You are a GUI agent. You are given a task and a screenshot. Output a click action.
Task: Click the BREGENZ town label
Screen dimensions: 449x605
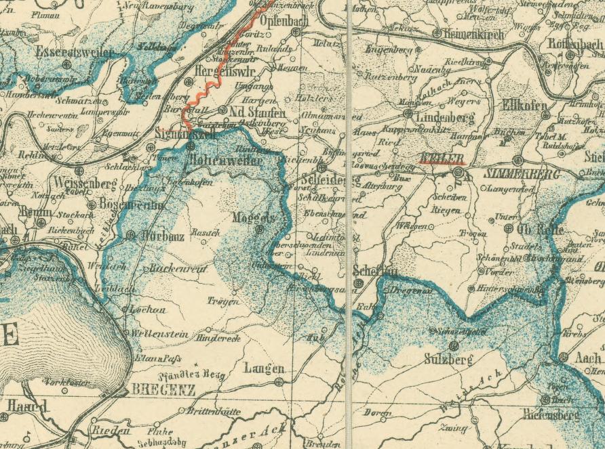[x=163, y=390]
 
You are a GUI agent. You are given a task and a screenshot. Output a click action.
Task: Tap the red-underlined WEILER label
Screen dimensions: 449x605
[x=442, y=158]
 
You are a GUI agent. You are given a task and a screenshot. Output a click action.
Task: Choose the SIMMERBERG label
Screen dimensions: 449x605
[x=522, y=174]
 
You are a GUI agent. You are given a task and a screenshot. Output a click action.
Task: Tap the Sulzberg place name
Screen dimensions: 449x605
[x=448, y=360]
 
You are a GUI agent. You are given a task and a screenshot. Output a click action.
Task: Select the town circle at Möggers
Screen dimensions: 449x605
[x=259, y=230]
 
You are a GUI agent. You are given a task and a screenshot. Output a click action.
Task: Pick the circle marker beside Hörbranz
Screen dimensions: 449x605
[x=131, y=236]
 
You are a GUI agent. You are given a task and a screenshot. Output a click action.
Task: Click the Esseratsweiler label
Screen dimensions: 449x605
[x=66, y=51]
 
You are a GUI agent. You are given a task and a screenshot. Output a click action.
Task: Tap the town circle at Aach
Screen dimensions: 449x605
[x=564, y=357]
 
